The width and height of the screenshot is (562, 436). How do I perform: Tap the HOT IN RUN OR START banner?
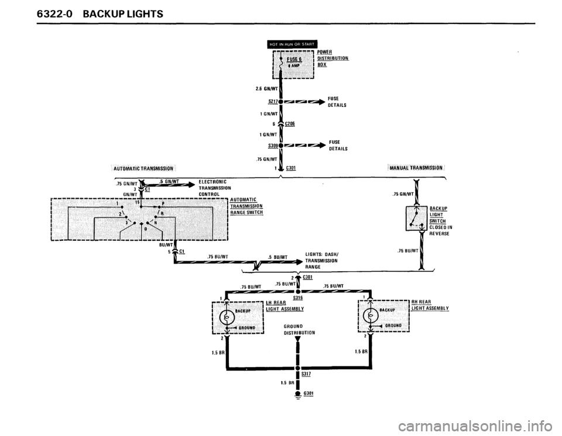pyautogui.click(x=291, y=43)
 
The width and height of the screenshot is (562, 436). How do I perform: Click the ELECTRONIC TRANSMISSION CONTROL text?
pyautogui.click(x=217, y=188)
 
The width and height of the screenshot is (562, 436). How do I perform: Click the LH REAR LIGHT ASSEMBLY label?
pyautogui.click(x=283, y=305)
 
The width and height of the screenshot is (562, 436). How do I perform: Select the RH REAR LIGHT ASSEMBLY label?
pyautogui.click(x=430, y=305)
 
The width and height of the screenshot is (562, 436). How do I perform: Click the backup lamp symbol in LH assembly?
pyautogui.click(x=225, y=317)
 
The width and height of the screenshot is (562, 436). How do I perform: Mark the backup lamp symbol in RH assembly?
pyautogui.click(x=371, y=317)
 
